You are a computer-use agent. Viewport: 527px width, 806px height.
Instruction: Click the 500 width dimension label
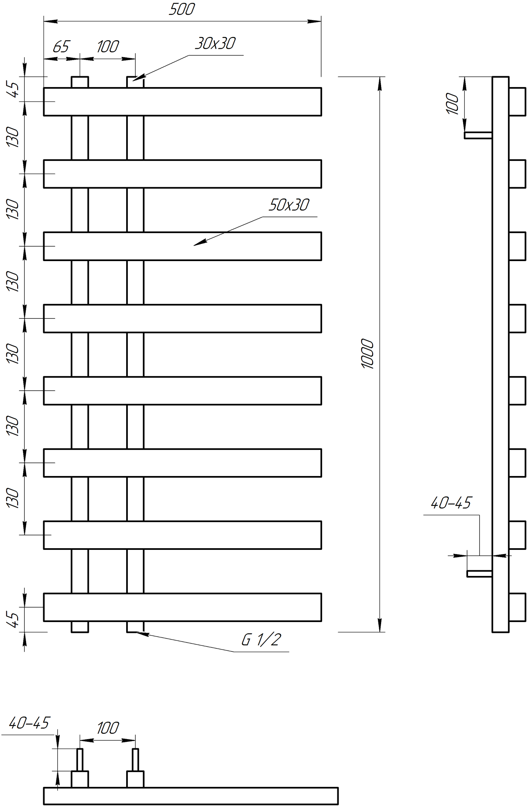pyautogui.click(x=182, y=9)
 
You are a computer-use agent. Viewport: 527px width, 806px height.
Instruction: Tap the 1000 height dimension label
pyautogui.click(x=368, y=354)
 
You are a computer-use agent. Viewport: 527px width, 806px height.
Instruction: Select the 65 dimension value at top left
pyautogui.click(x=61, y=46)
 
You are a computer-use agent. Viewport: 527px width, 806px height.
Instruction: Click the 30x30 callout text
pyautogui.click(x=215, y=43)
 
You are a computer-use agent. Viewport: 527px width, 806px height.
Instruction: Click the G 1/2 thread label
pyautogui.click(x=261, y=640)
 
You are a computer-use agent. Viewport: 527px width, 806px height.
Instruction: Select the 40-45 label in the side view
pyautogui.click(x=451, y=503)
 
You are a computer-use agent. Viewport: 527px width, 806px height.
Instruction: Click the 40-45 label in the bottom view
pyautogui.click(x=29, y=723)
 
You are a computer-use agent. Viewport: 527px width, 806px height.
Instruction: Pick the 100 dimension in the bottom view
pyautogui.click(x=108, y=728)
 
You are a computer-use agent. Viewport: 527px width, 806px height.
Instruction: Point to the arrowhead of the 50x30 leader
pyautogui.click(x=200, y=242)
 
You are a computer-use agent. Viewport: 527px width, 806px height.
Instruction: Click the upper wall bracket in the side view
pyautogui.click(x=478, y=135)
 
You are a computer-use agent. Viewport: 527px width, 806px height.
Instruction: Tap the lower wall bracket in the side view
pyautogui.click(x=479, y=574)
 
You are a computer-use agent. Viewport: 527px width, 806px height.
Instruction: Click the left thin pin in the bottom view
pyautogui.click(x=80, y=760)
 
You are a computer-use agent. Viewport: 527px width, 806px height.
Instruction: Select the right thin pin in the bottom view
pyautogui.click(x=135, y=760)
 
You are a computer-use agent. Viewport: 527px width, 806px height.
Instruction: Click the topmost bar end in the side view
pyautogui.click(x=517, y=102)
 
